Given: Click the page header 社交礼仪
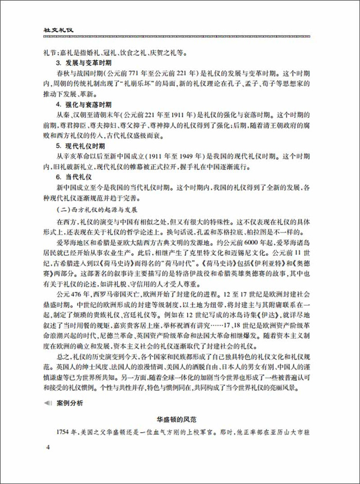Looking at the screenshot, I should tap(58, 29).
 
